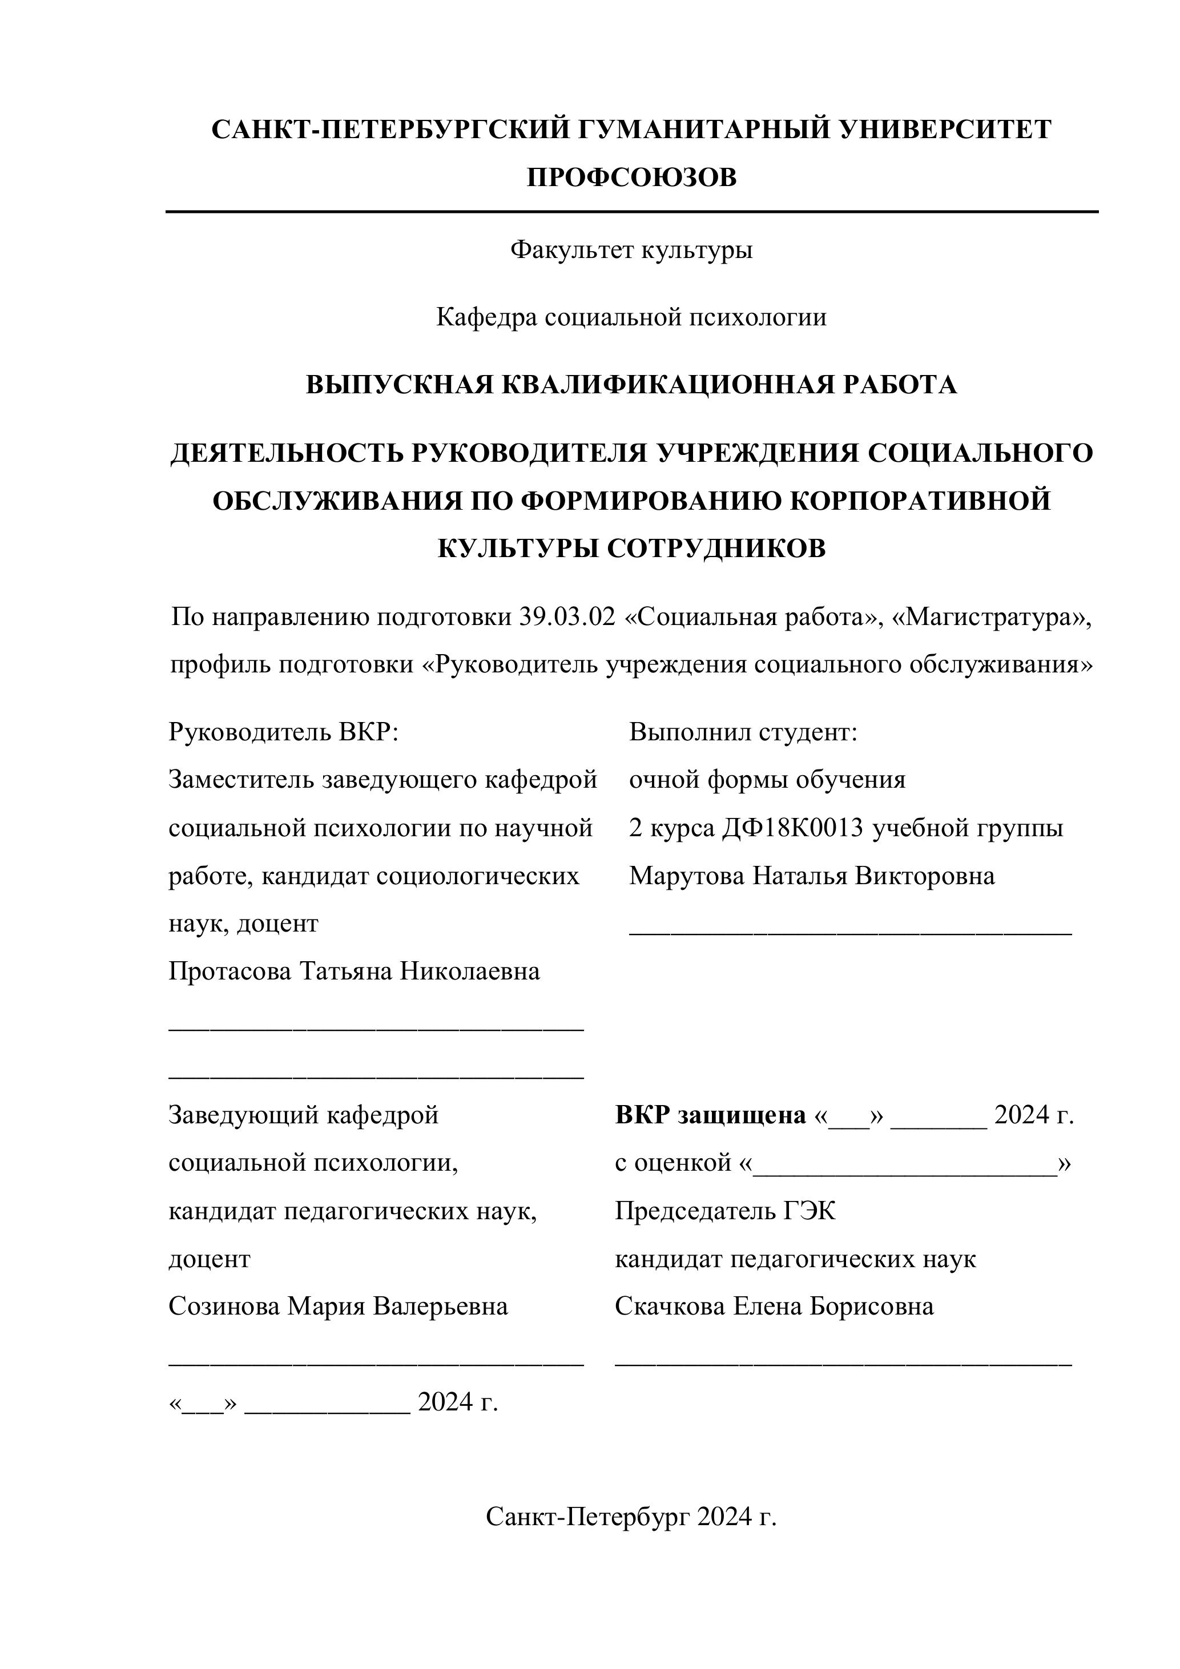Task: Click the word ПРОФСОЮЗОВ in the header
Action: (x=631, y=178)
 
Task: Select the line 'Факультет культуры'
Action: (x=631, y=250)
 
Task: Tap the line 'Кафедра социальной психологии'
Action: (x=631, y=318)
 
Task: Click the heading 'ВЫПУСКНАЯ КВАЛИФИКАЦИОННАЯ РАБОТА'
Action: (x=631, y=385)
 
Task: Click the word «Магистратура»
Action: (x=992, y=617)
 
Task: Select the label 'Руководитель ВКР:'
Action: (x=284, y=731)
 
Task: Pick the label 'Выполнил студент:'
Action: (x=743, y=731)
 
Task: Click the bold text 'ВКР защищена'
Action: (x=710, y=1115)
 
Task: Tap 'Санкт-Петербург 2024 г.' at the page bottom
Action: (x=631, y=1517)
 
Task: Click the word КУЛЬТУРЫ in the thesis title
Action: (x=518, y=548)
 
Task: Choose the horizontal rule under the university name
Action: (x=631, y=212)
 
